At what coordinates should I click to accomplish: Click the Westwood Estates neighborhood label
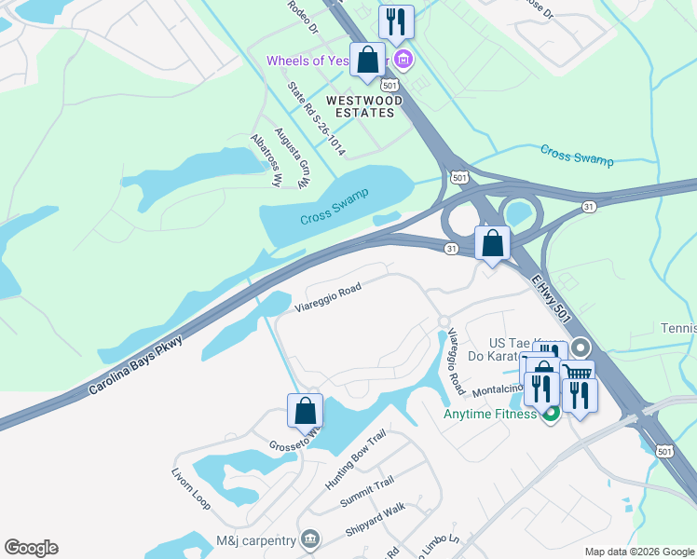point(363,106)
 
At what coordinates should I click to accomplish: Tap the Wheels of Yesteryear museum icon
point(403,61)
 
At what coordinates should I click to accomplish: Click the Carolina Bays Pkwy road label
point(136,366)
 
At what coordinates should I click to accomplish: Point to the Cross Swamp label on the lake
point(335,207)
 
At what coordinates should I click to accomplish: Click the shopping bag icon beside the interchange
point(492,244)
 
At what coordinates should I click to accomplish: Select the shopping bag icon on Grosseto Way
point(305,411)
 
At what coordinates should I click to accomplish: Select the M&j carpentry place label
point(255,539)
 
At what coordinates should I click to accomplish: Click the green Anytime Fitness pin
point(551,414)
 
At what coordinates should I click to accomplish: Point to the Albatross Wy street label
point(266,161)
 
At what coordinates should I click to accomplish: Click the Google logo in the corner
point(31,548)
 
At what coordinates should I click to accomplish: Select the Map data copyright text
point(638,552)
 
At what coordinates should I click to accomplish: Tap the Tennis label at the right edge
point(677,328)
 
